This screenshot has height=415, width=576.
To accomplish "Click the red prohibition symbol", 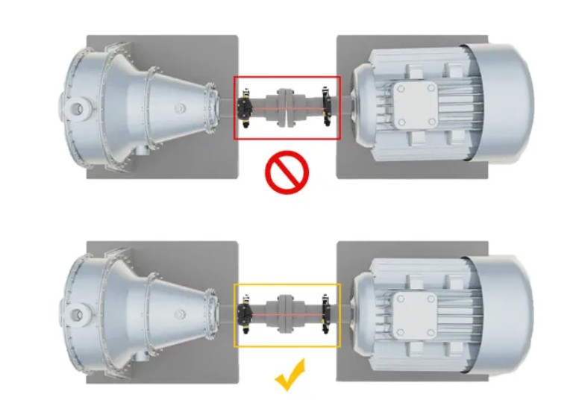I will pos(287,173).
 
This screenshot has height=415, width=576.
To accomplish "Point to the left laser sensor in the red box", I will pos(244,107).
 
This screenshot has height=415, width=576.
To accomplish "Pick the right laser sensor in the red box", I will pos(326,106).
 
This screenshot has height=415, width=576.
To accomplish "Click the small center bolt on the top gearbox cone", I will pos(180,109).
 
